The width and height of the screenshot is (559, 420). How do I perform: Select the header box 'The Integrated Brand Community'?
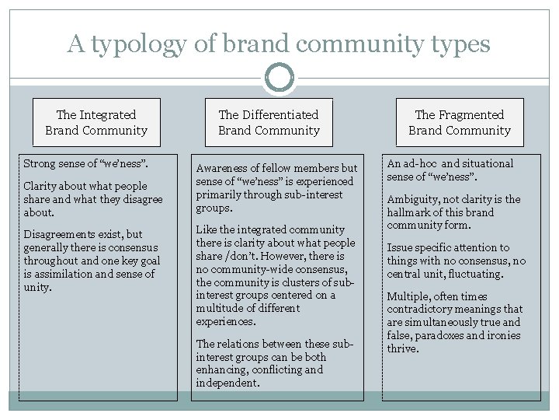96,122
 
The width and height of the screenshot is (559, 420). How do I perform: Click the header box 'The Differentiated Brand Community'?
269,122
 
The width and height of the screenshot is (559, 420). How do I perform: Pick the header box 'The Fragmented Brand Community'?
460,122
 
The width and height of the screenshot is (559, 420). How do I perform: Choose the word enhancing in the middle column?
221,369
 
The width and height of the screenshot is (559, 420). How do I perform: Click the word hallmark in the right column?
411,212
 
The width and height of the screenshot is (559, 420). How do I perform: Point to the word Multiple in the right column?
409,296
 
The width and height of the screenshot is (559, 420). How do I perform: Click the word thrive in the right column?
404,349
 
